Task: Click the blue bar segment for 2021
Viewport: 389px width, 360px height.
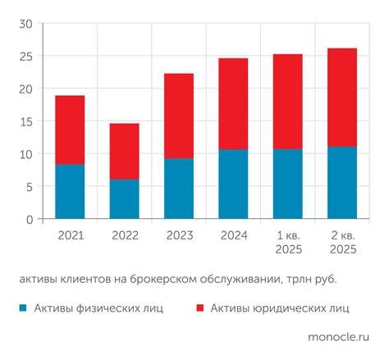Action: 70,192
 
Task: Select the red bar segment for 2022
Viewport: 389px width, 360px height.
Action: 124,151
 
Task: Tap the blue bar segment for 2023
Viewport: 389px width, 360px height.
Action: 179,189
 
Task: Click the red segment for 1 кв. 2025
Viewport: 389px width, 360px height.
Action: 288,102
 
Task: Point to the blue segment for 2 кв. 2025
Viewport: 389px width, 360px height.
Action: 342,183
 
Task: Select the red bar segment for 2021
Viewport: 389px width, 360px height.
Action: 70,130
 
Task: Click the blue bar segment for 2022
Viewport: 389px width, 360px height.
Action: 124,199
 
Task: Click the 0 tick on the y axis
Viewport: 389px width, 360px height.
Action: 28,219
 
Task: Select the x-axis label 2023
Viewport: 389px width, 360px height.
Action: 179,235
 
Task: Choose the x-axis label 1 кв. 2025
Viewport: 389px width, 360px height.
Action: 288,242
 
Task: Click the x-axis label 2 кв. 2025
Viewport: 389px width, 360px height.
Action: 342,242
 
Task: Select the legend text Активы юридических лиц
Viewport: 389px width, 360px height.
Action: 279,308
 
